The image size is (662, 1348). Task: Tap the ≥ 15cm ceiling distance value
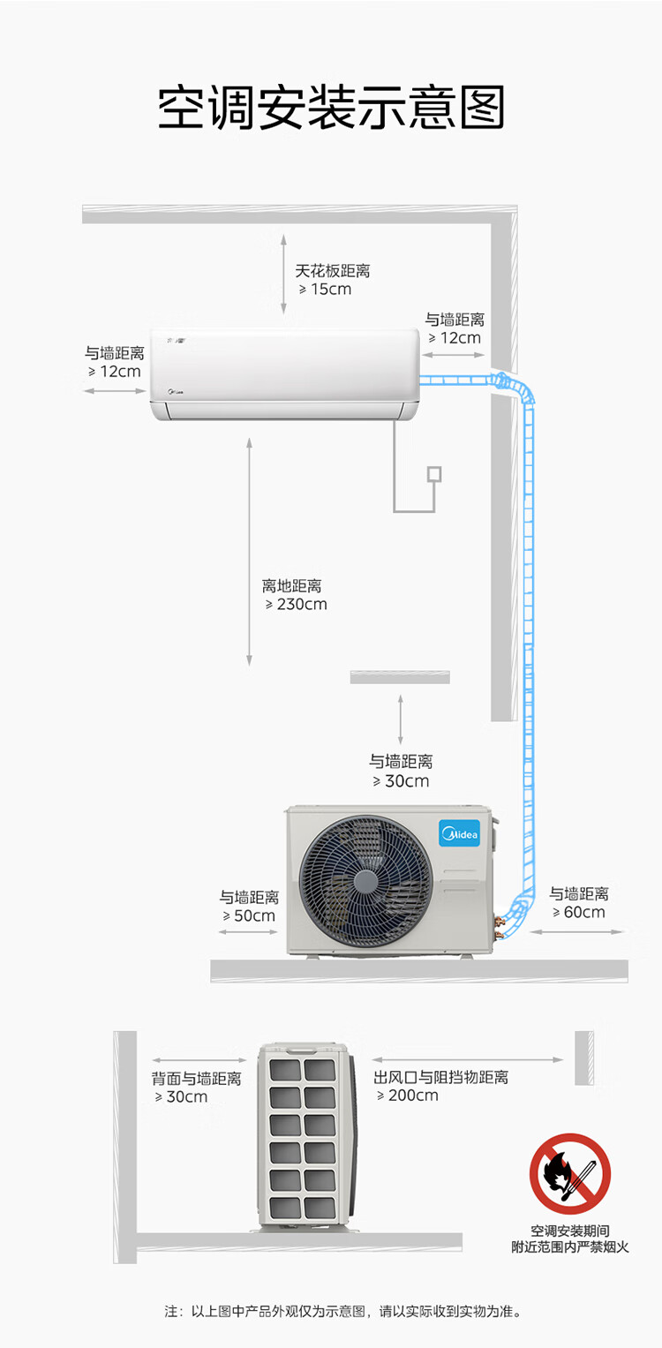pos(325,290)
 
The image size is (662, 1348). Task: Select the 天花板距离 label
pos(332,271)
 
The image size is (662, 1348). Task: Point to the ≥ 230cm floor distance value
pos(296,604)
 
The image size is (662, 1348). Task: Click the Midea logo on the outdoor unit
pos(460,834)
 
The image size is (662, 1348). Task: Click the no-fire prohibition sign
pos(570,1174)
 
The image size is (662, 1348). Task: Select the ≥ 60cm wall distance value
pos(579,912)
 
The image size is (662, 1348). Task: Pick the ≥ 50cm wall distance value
pos(249,916)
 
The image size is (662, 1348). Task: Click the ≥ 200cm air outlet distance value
pos(408,1096)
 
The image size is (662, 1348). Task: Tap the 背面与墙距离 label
pos(196,1079)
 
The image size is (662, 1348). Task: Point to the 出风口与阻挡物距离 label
pos(441,1077)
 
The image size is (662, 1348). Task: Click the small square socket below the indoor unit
pos(434,474)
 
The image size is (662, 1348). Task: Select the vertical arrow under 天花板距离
pos(283,275)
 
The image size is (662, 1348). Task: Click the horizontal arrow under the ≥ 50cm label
pos(248,932)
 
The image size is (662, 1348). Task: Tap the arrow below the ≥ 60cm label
pos(575,931)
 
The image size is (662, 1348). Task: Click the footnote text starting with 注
pos(342,1311)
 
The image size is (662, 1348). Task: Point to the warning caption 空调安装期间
pos(570,1231)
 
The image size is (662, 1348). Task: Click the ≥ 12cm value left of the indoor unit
pos(115,372)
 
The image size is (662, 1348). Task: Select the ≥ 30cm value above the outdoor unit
pos(401,781)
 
